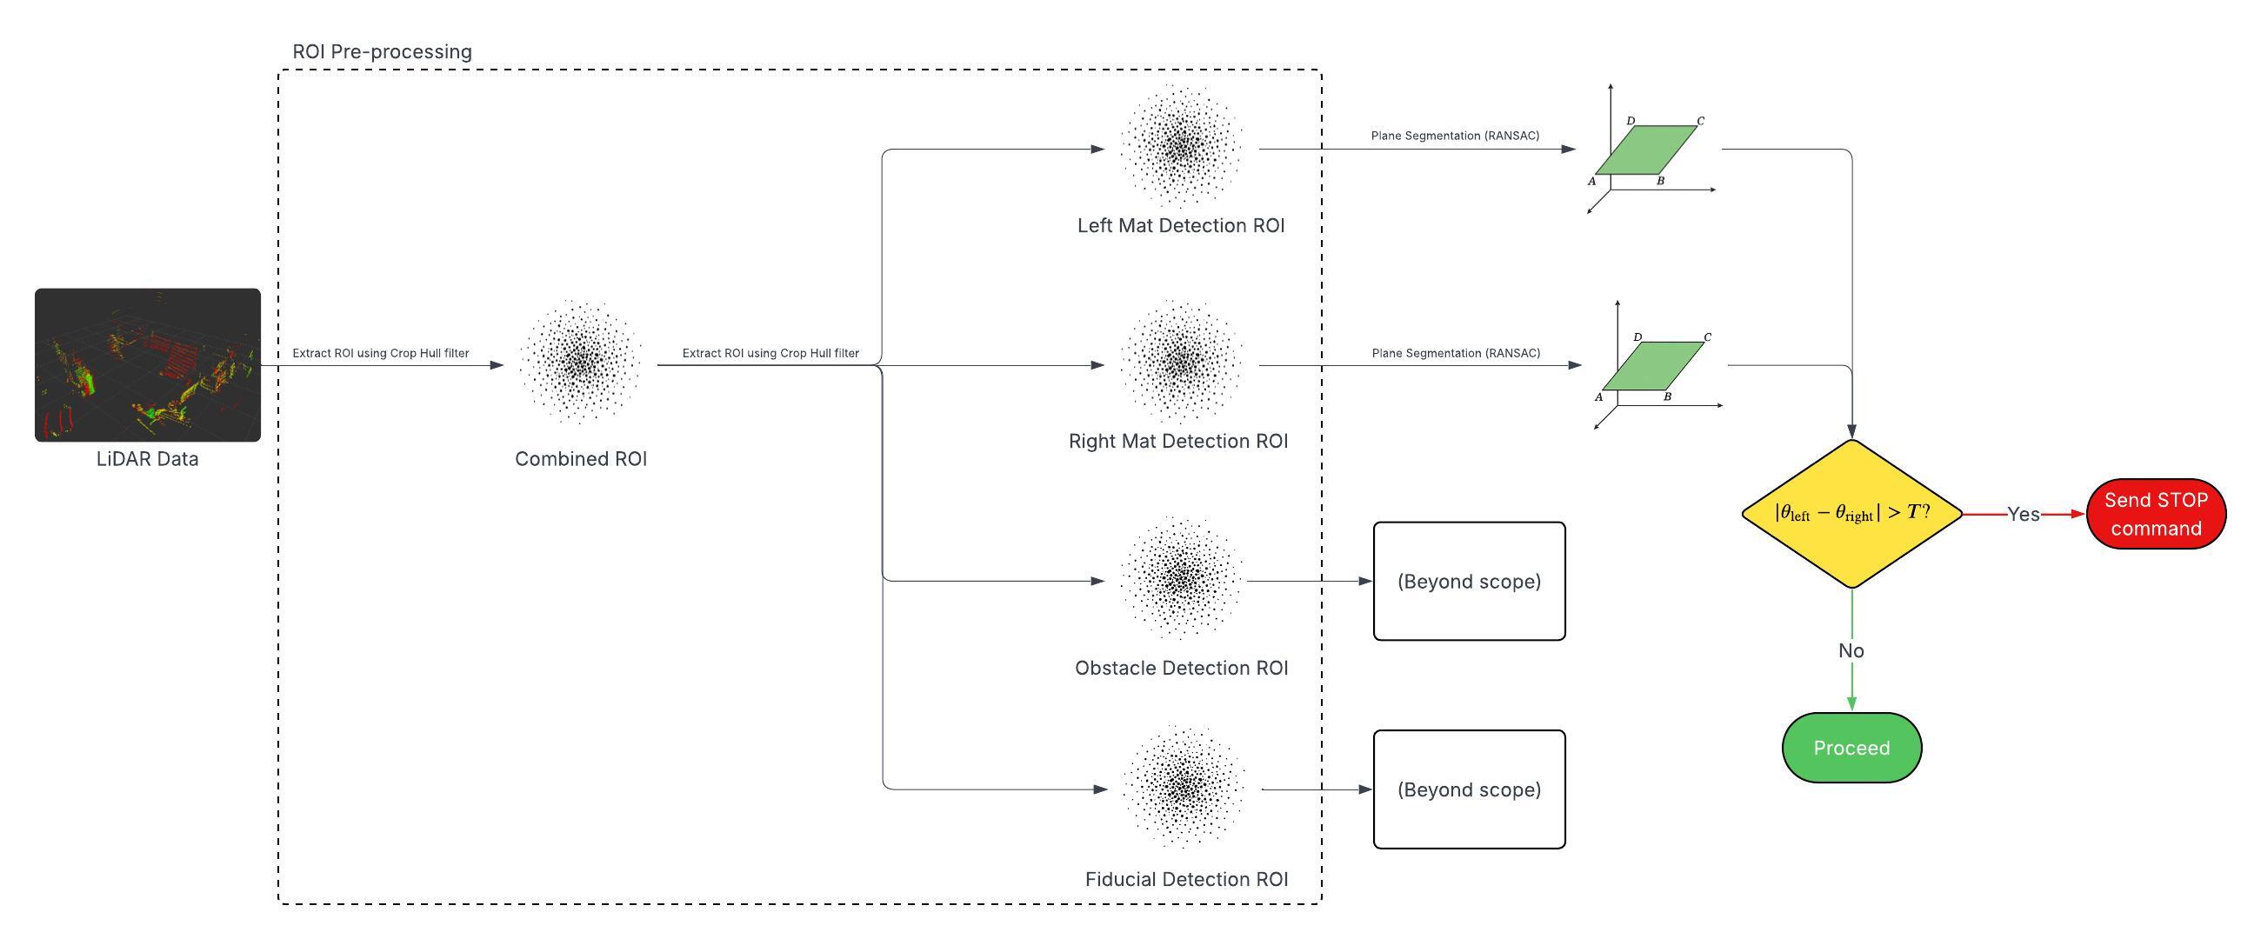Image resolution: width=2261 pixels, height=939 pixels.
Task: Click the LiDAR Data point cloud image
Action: (x=148, y=364)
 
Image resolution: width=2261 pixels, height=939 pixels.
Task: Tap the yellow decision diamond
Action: (x=1851, y=513)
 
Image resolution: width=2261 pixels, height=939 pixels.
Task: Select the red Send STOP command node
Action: (x=2156, y=513)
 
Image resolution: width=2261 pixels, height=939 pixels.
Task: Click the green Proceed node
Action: (x=1851, y=748)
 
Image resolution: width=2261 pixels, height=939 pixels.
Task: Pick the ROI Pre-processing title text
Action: (x=382, y=52)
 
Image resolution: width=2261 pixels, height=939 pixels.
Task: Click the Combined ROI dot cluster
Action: (x=579, y=362)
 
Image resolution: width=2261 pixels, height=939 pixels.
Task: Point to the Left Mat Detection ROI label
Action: (x=1181, y=225)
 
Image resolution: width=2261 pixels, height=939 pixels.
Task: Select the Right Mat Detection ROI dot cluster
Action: (x=1181, y=362)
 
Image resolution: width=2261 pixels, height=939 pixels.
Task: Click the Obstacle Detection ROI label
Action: (x=1181, y=668)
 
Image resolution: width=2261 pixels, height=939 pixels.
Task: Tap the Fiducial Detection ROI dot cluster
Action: (x=1184, y=786)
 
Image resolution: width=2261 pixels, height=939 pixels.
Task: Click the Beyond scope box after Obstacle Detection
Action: (x=1469, y=581)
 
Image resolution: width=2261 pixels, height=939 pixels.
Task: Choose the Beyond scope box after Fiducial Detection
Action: (x=1469, y=789)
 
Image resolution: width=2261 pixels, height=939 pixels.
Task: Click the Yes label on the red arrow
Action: (x=2023, y=514)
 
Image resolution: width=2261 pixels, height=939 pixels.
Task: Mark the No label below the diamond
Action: (x=1851, y=651)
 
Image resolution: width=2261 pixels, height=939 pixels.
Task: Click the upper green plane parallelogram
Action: (x=1645, y=150)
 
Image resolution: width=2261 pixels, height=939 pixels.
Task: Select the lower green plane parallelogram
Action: (x=1653, y=366)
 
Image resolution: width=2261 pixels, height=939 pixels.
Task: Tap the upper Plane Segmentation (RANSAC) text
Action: (x=1454, y=136)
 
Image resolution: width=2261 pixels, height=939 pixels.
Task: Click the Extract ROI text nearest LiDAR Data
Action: (x=380, y=353)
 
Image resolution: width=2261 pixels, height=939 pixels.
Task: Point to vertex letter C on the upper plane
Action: (x=1700, y=121)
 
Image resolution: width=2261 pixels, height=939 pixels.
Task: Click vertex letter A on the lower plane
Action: (x=1598, y=397)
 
